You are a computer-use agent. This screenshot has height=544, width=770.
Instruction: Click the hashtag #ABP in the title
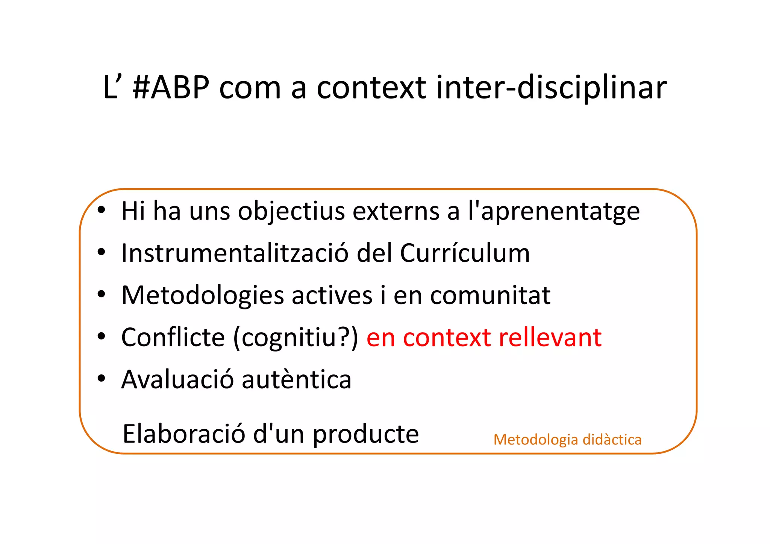pos(171,88)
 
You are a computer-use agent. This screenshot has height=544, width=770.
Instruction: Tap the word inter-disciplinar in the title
pos(551,88)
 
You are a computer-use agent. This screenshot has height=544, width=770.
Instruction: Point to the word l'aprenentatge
pos(553,211)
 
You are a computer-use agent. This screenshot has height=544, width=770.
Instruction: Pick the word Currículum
pos(465,253)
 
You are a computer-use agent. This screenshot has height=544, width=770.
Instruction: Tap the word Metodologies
pos(202,295)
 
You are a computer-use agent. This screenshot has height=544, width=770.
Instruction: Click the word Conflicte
pos(173,337)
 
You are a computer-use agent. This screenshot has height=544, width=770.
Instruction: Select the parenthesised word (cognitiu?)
pos(296,338)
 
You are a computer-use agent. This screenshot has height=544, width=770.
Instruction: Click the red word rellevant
pos(550,337)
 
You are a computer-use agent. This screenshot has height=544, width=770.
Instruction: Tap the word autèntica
pos(297,379)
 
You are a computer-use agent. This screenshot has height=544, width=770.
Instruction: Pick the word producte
pos(366,435)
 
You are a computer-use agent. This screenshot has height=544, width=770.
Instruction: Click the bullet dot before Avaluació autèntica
pos(101,378)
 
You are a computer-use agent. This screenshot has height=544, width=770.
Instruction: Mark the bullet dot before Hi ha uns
pos(101,210)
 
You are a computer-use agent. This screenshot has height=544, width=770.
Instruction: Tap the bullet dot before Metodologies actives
pos(101,294)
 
